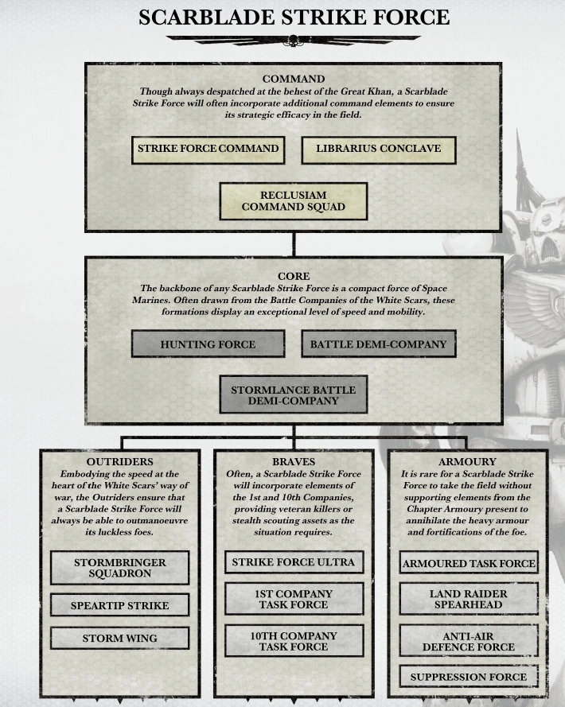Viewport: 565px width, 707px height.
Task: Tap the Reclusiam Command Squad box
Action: [x=294, y=201]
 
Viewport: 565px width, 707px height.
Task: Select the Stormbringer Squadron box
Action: [x=119, y=568]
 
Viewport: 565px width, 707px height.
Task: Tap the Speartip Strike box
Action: [x=119, y=605]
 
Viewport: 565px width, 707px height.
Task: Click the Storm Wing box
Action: [x=119, y=638]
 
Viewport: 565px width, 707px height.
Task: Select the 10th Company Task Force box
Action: [x=293, y=641]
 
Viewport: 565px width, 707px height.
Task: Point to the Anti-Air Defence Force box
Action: [x=468, y=641]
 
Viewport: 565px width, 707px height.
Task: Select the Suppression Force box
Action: [x=468, y=677]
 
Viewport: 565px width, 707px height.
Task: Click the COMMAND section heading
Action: [x=293, y=80]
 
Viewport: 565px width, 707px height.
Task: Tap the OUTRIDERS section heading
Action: [x=119, y=460]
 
